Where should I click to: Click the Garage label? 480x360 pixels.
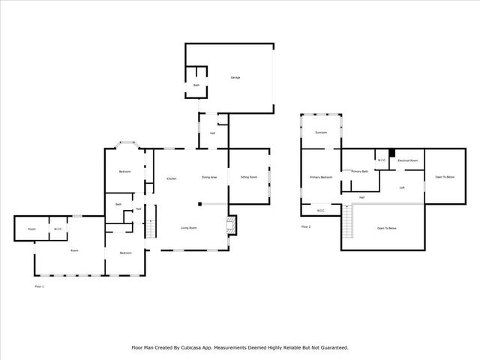click(235, 77)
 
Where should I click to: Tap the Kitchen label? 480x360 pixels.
click(171, 178)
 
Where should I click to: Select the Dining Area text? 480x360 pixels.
click(209, 177)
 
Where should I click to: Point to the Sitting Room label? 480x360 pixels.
click(248, 177)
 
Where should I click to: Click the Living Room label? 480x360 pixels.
click(188, 227)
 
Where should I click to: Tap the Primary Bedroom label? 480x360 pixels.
click(321, 177)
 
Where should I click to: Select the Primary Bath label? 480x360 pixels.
click(359, 172)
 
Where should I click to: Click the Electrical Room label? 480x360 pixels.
click(407, 160)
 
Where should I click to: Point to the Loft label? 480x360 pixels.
click(402, 187)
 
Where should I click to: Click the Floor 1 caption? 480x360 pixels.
click(40, 286)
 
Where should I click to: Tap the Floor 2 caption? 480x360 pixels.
click(305, 226)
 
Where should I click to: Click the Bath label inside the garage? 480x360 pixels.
click(196, 85)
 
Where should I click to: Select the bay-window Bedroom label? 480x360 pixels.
click(124, 172)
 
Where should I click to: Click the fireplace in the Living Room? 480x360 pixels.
click(232, 224)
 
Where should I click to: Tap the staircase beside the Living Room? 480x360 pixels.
click(151, 226)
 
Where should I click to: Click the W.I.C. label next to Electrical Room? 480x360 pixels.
click(381, 160)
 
